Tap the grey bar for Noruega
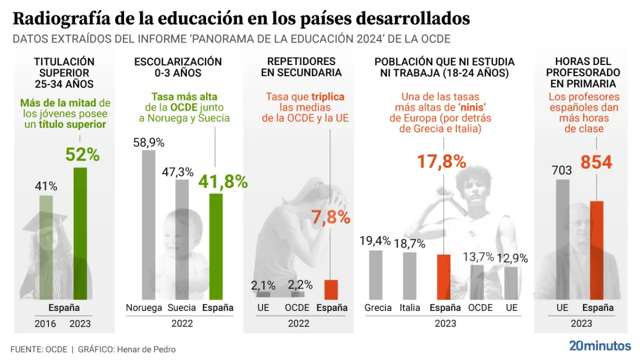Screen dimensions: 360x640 [148, 224]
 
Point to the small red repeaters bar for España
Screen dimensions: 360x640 [331, 289]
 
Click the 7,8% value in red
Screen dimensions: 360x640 [330, 217]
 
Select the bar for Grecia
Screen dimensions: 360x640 [375, 274]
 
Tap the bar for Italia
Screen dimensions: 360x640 [409, 275]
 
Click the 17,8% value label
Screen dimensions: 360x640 [441, 161]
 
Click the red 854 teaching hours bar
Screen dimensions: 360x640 [596, 250]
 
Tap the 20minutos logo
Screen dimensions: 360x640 [600, 345]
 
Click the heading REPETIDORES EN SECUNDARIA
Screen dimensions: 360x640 [301, 67]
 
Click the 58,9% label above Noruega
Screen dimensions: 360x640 [148, 142]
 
